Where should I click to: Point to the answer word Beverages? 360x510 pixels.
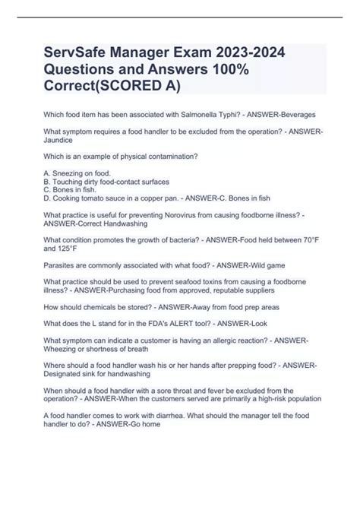(x=294, y=114)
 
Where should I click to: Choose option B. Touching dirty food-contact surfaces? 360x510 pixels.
(x=106, y=182)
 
